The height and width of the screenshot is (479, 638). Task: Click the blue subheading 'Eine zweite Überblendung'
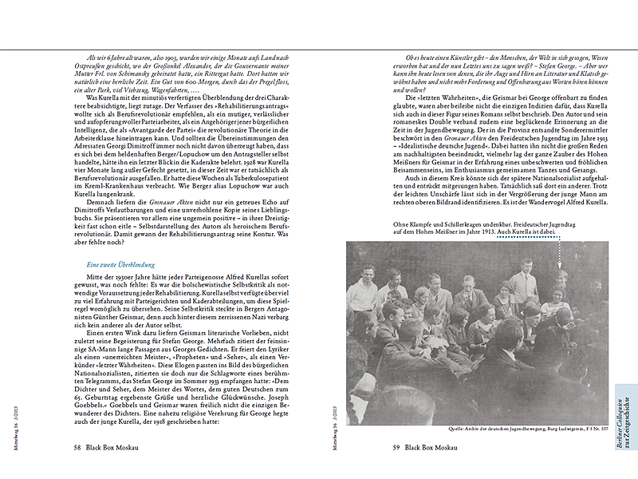click(120, 264)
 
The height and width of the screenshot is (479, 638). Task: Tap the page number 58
click(77, 448)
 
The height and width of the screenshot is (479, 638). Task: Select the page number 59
click(396, 448)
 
